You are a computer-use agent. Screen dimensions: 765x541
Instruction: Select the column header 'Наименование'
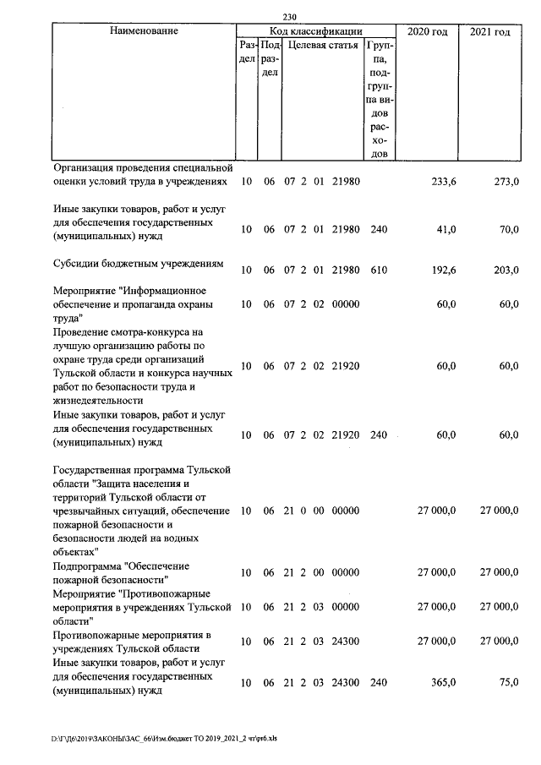click(x=144, y=31)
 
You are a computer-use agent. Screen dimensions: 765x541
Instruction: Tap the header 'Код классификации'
click(x=315, y=31)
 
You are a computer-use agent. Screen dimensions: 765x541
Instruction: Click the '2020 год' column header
click(x=427, y=31)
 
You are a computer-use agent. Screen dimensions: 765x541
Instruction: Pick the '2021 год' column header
click(x=490, y=31)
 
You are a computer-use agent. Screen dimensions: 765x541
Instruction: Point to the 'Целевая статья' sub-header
click(x=323, y=45)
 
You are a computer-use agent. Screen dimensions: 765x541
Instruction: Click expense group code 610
click(x=378, y=270)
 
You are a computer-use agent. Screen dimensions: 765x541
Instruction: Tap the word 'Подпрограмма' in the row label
click(x=86, y=566)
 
